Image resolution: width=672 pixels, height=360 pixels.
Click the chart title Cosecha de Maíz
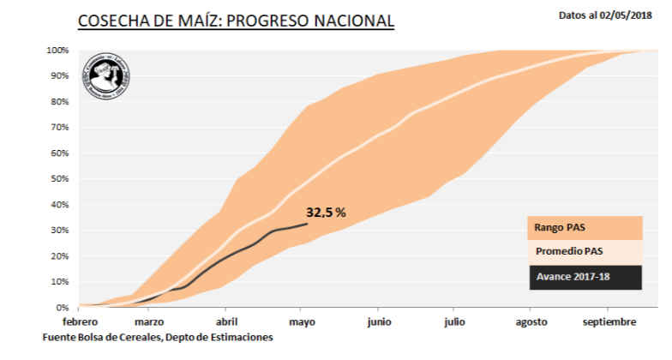[x=236, y=21]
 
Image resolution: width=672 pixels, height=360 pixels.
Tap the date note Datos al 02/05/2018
[x=606, y=15]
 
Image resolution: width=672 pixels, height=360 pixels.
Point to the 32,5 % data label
[x=326, y=212]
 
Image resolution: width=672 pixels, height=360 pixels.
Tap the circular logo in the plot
[x=106, y=77]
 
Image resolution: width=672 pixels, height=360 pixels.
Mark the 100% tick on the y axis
[x=57, y=51]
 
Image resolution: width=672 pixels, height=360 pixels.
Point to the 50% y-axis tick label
[x=60, y=179]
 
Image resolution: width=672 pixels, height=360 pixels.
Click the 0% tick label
[x=63, y=308]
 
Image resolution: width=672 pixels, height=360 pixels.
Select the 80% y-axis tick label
[x=60, y=102]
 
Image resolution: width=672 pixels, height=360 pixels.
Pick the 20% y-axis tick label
[x=60, y=256]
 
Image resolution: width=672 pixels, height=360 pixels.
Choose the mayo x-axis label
[x=302, y=321]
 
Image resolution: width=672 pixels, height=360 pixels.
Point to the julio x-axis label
[x=454, y=321]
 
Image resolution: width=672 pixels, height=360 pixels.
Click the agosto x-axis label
[x=531, y=321]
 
